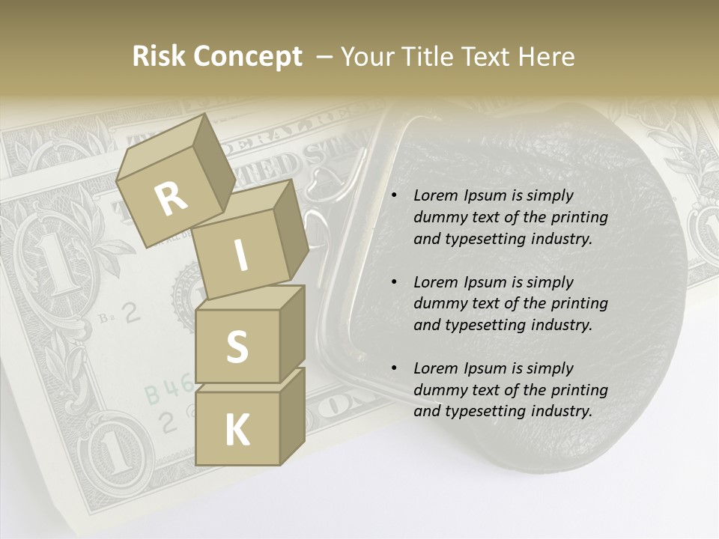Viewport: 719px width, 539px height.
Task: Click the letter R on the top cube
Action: [x=172, y=199]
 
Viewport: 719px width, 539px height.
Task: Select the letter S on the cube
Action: [x=237, y=347]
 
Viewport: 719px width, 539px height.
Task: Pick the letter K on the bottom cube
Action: [x=237, y=430]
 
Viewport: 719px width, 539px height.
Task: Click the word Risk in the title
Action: [x=159, y=57]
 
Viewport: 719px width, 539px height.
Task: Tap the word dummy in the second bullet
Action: [x=441, y=304]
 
